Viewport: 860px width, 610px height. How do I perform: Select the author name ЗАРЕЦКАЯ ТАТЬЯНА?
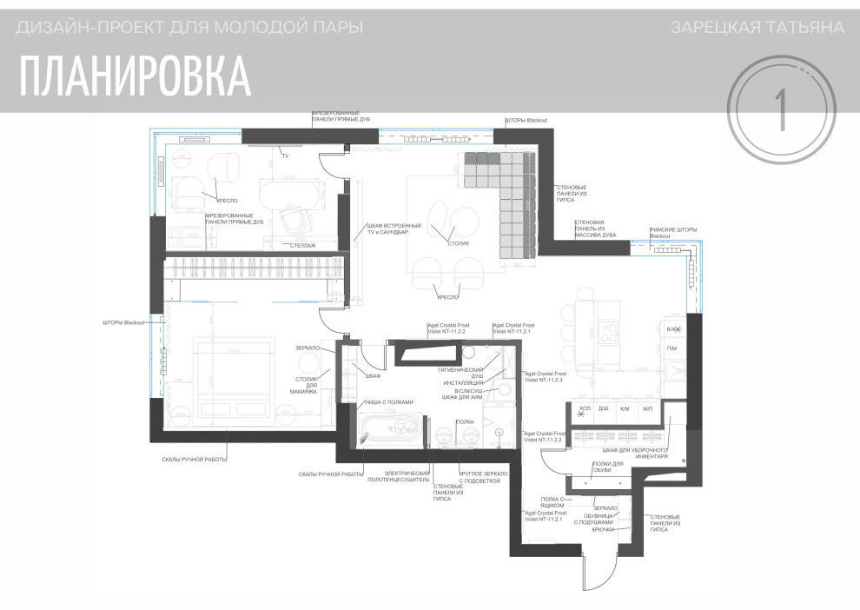coord(757,28)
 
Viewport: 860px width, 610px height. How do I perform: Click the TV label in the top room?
coord(284,156)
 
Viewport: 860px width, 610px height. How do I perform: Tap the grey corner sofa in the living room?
coord(506,200)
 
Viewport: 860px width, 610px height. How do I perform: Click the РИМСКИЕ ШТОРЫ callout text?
coord(672,233)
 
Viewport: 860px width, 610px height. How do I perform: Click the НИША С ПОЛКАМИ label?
coord(389,401)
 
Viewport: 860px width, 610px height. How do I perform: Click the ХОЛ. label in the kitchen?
coord(585,408)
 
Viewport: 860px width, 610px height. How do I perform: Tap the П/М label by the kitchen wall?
coord(671,348)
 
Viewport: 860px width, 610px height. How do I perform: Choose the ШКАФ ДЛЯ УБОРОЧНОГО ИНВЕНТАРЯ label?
coord(634,454)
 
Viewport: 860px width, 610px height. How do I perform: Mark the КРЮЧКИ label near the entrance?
coord(604,529)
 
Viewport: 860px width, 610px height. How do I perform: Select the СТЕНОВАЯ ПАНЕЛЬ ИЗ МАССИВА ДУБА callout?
coord(595,229)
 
